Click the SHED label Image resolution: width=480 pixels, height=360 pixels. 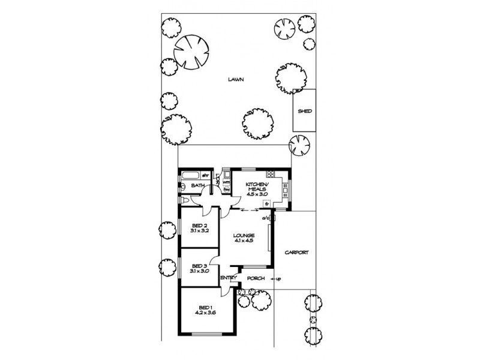pos(305,111)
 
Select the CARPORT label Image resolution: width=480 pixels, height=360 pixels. pos(296,253)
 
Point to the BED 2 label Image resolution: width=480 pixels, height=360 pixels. pos(199,225)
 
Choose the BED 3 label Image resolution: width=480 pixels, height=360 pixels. pos(199,265)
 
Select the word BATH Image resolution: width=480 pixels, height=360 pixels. pos(197,186)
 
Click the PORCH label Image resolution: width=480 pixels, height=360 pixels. pos(256,278)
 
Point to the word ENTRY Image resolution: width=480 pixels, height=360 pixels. pos(228,277)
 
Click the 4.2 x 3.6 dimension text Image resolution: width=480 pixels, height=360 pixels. pos(206,313)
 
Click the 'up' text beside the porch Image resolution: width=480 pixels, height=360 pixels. pos(279,278)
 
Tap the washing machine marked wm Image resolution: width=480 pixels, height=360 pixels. pos(226,182)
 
